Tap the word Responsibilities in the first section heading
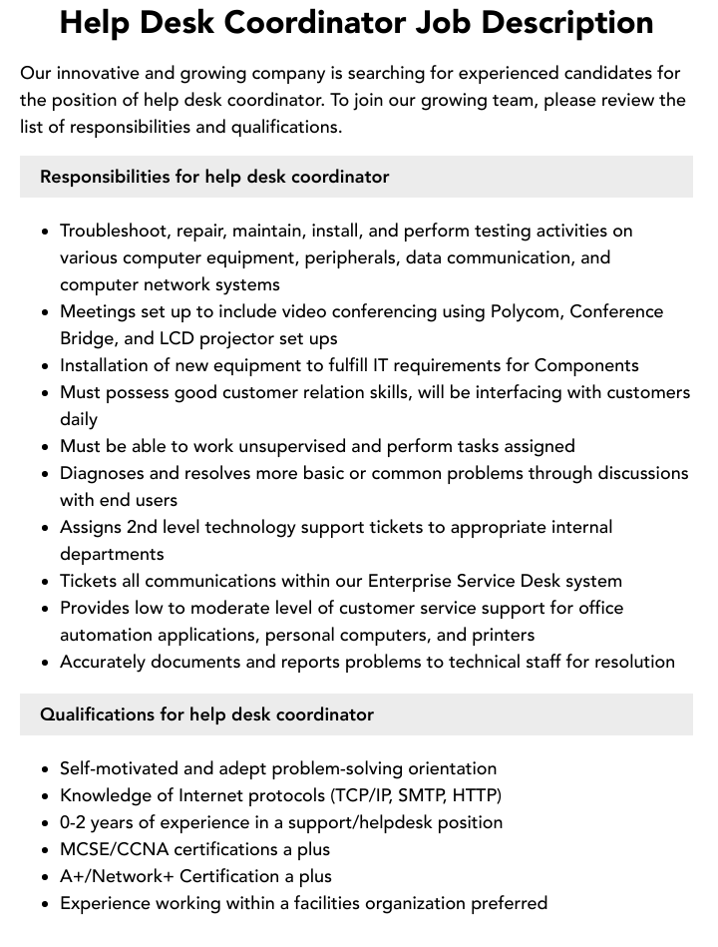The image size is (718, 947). click(x=105, y=177)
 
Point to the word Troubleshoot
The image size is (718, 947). click(x=114, y=231)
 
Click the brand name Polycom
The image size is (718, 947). click(x=527, y=311)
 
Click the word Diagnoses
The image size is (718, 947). click(x=103, y=473)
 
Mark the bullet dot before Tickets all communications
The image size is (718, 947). click(x=46, y=582)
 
